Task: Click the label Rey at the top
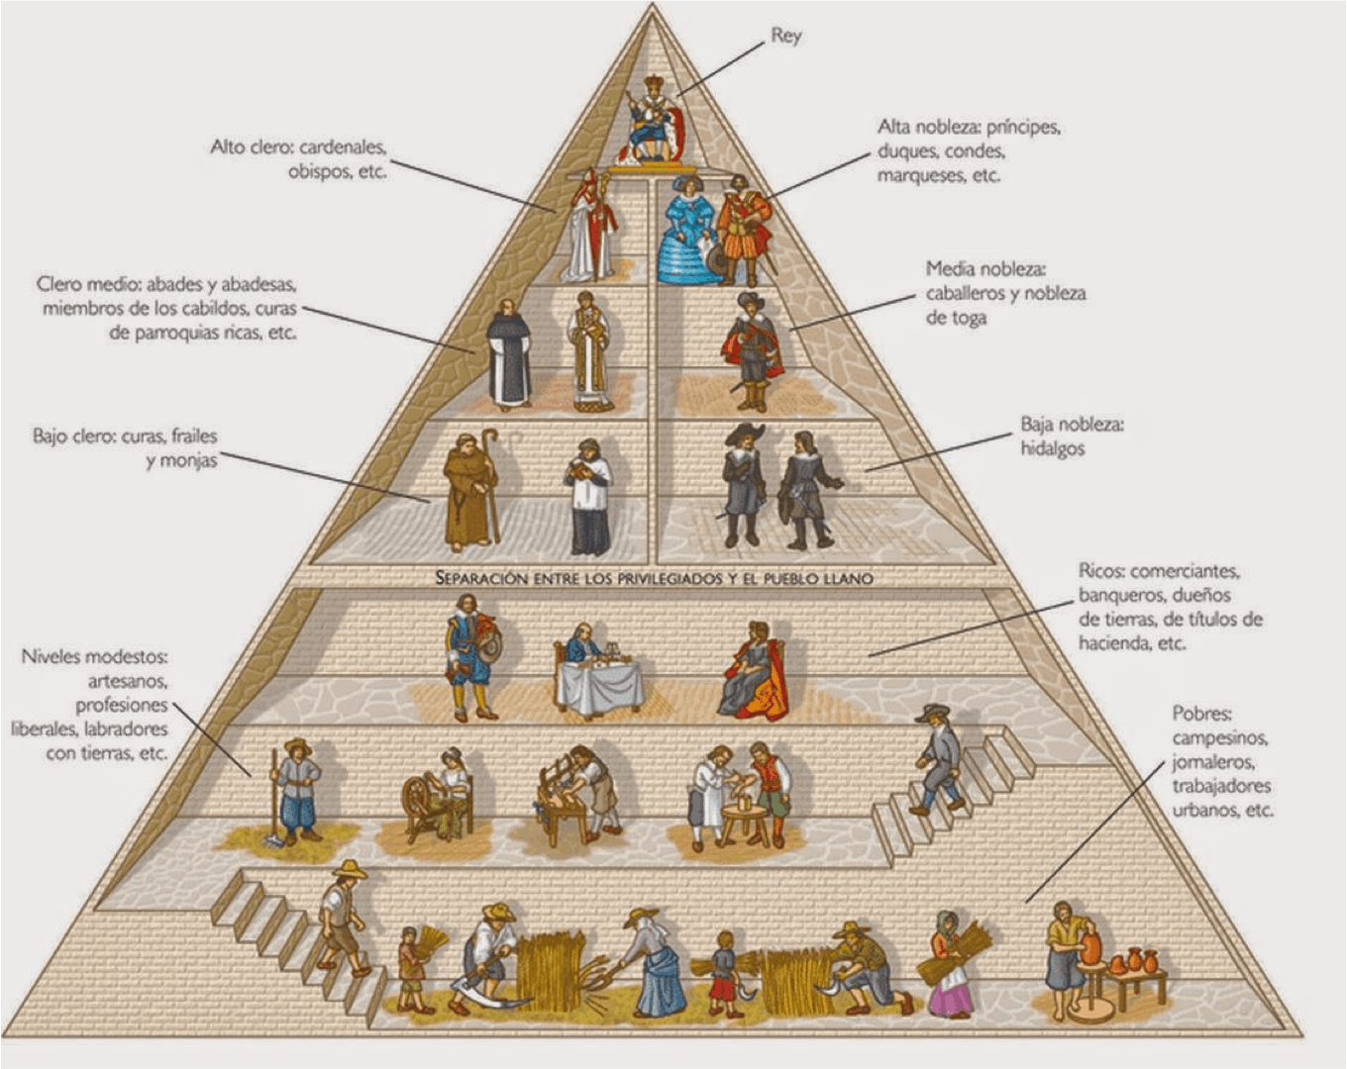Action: click(785, 37)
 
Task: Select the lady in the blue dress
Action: click(686, 231)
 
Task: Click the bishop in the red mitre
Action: click(591, 226)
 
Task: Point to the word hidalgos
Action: click(1052, 448)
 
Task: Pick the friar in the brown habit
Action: click(470, 491)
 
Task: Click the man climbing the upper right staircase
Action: click(940, 759)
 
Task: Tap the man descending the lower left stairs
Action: click(342, 918)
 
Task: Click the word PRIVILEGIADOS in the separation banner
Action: click(671, 579)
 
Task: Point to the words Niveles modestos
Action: click(94, 656)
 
